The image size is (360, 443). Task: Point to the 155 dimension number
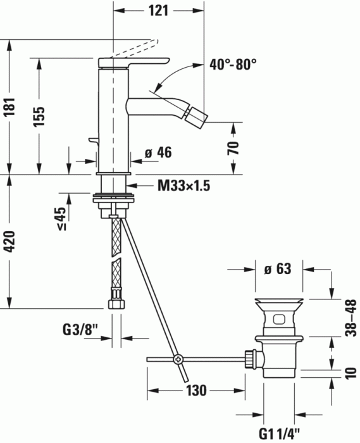(39, 116)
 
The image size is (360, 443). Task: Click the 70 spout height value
(233, 149)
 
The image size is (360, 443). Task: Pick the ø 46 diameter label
(158, 153)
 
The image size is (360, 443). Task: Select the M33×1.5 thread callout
(183, 186)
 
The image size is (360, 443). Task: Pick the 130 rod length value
(196, 390)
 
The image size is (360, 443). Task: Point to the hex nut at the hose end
(115, 304)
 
